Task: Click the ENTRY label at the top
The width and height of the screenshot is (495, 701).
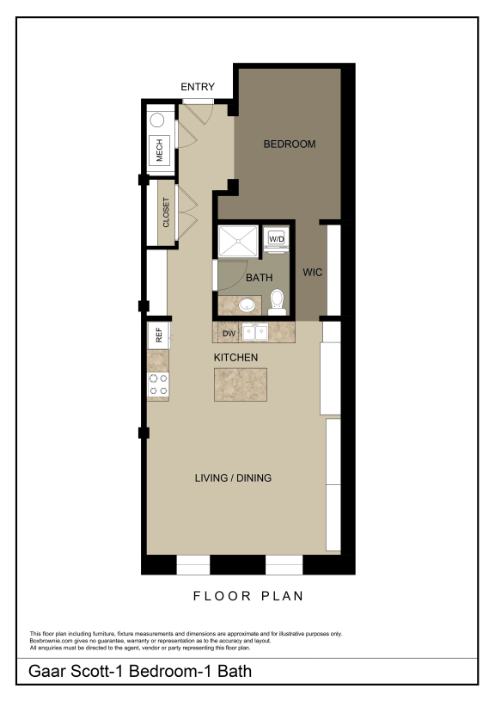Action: tap(198, 87)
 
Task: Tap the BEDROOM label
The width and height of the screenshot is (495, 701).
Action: tap(289, 144)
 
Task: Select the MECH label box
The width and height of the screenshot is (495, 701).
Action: tap(159, 152)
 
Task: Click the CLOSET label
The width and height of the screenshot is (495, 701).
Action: tap(165, 212)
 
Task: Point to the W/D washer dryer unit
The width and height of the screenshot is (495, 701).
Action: tap(277, 237)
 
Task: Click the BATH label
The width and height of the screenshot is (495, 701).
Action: tap(259, 278)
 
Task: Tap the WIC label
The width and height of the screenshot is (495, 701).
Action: tap(312, 273)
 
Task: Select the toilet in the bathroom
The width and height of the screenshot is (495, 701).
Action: tap(277, 300)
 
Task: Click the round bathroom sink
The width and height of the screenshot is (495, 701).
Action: tap(247, 304)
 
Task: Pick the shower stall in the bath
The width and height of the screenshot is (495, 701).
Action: tap(237, 242)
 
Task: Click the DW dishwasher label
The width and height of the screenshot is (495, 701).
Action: tap(229, 332)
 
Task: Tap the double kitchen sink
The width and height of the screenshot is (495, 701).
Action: tap(255, 331)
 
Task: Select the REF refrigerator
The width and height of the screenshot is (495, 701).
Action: tap(159, 334)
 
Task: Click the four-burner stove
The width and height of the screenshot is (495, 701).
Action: tap(158, 384)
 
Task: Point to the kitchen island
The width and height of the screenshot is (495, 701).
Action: tap(240, 384)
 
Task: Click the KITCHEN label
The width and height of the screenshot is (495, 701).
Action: tap(235, 357)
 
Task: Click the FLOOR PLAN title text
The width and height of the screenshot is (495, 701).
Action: tap(247, 595)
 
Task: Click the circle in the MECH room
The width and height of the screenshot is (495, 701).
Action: tap(157, 121)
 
